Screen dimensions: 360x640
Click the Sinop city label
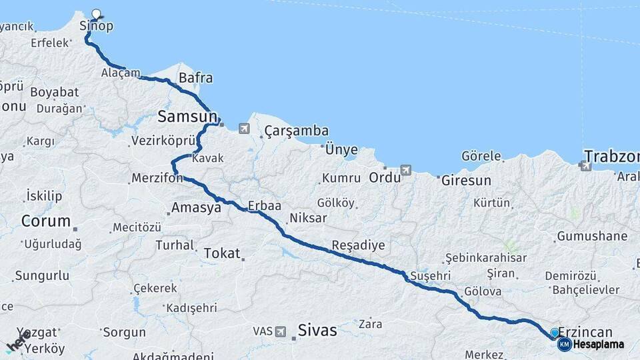pos(97,27)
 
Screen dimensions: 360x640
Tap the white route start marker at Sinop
pos(97,13)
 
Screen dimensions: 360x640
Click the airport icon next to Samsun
pos(244,128)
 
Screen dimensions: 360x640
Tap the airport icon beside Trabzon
pos(586,166)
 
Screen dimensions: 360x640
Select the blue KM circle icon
pos(564,344)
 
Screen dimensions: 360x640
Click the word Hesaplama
pos(599,344)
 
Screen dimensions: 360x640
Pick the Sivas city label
pos(317,330)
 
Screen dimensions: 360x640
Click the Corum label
pos(45,221)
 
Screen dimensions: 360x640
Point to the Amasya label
pos(196,208)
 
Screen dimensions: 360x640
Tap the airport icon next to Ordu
pos(407,170)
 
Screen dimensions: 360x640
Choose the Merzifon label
pos(153,179)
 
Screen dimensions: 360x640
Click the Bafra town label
pos(195,78)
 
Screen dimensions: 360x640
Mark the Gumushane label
pos(592,236)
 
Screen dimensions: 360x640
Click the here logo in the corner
pos(17,342)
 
